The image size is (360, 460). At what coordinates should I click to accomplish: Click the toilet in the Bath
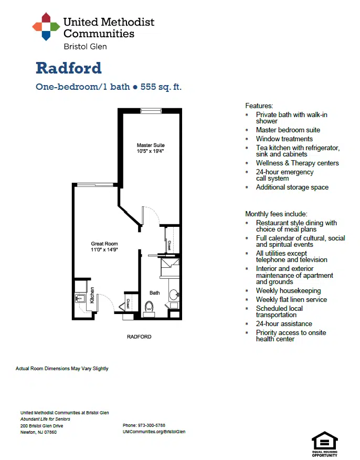(150, 308)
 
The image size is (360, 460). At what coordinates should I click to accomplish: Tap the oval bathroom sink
(174, 294)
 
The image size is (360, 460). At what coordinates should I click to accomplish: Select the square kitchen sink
(80, 299)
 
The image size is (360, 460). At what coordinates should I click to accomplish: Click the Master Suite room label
(151, 145)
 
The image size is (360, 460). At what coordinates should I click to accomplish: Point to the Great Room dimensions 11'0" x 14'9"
(104, 249)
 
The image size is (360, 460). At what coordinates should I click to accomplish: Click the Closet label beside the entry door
(129, 304)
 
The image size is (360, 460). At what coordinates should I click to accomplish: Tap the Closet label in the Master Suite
(170, 245)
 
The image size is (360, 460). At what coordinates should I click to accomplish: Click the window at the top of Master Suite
(151, 111)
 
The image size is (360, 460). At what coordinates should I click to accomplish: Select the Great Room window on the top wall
(95, 185)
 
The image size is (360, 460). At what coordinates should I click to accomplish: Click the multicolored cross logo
(46, 26)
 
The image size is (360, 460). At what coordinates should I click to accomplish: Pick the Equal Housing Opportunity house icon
(324, 441)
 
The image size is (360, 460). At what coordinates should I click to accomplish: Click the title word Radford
(69, 68)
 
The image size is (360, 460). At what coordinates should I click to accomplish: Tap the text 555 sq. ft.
(161, 87)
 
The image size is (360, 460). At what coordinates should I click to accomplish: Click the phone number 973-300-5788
(152, 425)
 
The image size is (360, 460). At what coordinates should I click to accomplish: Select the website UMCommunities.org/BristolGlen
(154, 432)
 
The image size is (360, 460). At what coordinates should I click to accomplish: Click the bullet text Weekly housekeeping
(289, 291)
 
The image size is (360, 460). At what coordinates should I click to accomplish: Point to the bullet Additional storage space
(292, 187)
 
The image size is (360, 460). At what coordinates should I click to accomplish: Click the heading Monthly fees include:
(276, 214)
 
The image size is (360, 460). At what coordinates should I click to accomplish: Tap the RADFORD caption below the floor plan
(139, 337)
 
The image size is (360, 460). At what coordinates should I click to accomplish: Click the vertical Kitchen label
(92, 295)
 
